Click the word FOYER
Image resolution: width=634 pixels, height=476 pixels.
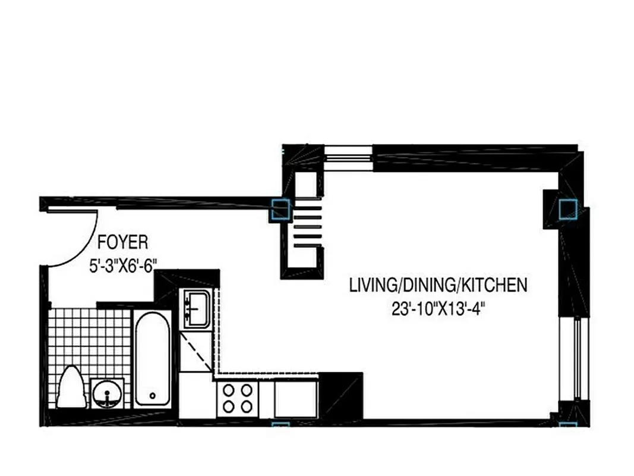122,243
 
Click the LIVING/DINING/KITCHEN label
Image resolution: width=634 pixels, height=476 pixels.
438,285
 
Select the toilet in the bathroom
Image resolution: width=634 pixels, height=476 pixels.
71,388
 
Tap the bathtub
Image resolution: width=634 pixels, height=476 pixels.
152,358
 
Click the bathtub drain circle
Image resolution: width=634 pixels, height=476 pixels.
153,395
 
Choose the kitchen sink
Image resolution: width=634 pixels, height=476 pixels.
195,308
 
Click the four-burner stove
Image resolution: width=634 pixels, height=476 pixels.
237,399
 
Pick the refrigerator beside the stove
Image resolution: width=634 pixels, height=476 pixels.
295,399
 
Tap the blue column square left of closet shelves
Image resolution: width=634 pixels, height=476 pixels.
280,209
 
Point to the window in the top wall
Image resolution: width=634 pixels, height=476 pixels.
349,158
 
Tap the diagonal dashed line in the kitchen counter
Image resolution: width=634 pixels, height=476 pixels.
195,352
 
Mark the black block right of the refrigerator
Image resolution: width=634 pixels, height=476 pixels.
340,396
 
